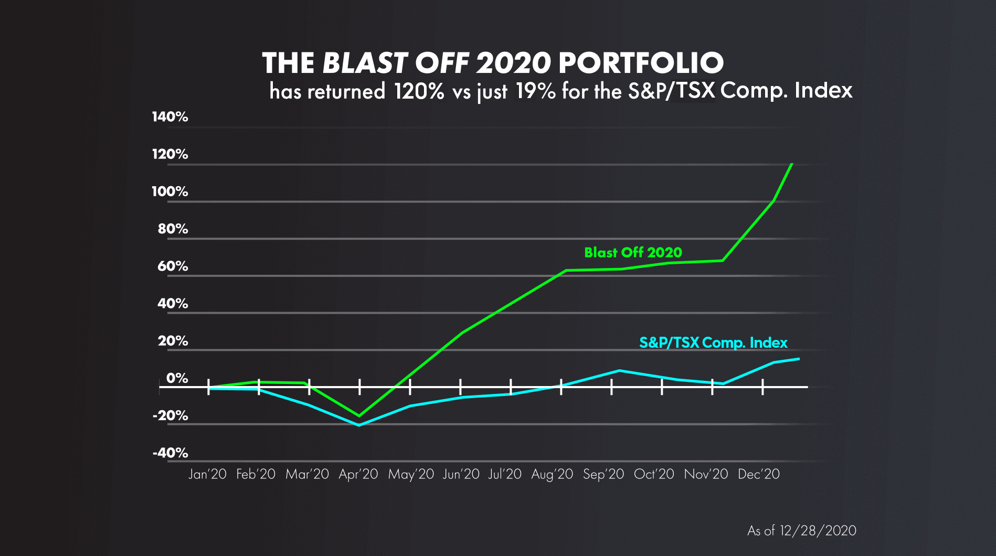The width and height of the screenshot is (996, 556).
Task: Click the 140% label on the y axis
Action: pyautogui.click(x=169, y=116)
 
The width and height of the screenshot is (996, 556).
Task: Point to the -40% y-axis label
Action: pyautogui.click(x=170, y=453)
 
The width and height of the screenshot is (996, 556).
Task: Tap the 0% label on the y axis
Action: pyautogui.click(x=177, y=378)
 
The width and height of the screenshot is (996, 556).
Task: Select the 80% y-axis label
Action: pyautogui.click(x=173, y=229)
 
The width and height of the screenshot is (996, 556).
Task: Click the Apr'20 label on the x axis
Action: pyautogui.click(x=358, y=474)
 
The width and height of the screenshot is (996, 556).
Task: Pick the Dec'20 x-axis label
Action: pyautogui.click(x=759, y=474)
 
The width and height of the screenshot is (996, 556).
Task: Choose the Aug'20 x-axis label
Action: pyautogui.click(x=552, y=474)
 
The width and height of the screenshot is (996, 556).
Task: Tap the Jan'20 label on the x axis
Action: pyautogui.click(x=207, y=474)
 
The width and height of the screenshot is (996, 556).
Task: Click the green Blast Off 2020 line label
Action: pyautogui.click(x=633, y=252)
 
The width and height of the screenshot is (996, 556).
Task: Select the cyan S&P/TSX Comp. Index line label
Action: pyautogui.click(x=713, y=343)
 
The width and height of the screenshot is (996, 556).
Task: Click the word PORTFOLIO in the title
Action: pyautogui.click(x=641, y=63)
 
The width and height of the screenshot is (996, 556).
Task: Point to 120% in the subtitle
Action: pyautogui.click(x=419, y=91)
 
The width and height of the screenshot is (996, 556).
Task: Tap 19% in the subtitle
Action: pyautogui.click(x=535, y=91)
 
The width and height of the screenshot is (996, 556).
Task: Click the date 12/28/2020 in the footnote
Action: pyautogui.click(x=818, y=531)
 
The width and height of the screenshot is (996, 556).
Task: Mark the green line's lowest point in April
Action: pyautogui.click(x=359, y=416)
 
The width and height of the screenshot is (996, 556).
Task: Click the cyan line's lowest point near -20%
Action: pyautogui.click(x=359, y=425)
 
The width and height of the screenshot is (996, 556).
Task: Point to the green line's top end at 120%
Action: pyautogui.click(x=791, y=164)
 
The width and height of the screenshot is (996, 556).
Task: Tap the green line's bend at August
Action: pyautogui.click(x=566, y=271)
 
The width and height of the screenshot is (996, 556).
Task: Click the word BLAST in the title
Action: pyautogui.click(x=365, y=63)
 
